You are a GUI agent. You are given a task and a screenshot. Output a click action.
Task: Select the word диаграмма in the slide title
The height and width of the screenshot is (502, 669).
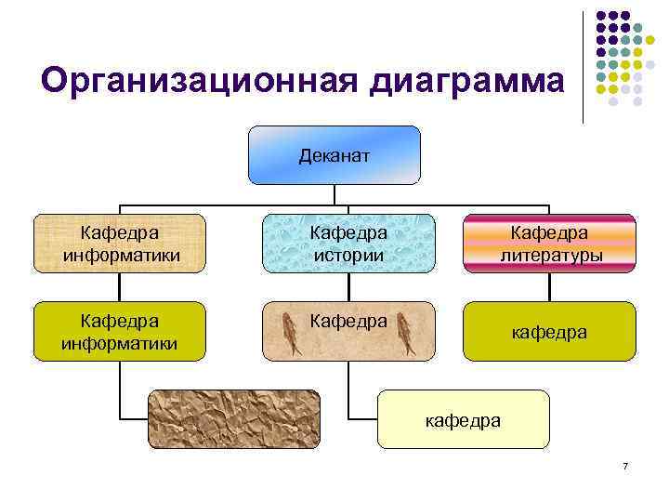(466, 81)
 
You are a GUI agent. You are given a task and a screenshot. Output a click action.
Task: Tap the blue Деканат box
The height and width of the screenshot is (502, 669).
(334, 155)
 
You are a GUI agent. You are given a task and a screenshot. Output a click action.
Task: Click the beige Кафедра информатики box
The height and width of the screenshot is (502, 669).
(120, 243)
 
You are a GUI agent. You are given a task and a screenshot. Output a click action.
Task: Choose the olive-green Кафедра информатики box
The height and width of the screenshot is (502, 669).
(120, 331)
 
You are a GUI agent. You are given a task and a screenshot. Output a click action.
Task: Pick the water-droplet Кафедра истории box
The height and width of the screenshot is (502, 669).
(348, 243)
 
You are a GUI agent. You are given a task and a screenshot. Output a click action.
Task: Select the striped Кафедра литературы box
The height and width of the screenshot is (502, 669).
(550, 243)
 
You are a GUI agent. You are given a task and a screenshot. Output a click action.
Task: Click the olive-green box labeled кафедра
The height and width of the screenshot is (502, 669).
(550, 331)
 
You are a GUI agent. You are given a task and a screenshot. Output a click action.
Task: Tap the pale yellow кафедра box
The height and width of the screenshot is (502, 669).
(463, 419)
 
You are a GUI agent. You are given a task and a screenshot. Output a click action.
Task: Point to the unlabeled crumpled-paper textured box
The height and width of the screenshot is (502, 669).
(233, 419)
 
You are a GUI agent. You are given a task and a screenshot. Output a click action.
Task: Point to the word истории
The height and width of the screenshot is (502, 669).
(348, 254)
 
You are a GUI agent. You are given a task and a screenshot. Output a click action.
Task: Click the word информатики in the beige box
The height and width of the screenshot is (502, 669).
(120, 254)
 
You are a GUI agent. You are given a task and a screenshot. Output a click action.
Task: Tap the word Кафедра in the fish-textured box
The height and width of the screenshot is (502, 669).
(348, 321)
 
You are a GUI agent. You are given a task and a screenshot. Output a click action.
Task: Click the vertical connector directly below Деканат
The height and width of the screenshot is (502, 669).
(334, 193)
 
